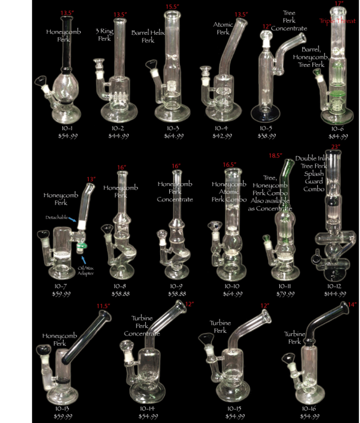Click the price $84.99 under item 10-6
tap(338, 136)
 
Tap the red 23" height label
tap(335, 147)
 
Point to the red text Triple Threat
tap(337, 21)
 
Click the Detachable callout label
tap(57, 217)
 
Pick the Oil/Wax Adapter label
tap(85, 271)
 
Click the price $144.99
tap(335, 294)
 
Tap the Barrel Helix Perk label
tap(148, 36)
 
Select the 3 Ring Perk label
tap(104, 35)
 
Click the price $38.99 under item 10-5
tap(267, 136)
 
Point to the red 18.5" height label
tap(276, 156)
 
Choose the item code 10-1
tap(67, 129)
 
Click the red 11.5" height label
tap(103, 306)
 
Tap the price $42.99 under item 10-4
tap(222, 136)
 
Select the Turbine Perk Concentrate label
tap(142, 326)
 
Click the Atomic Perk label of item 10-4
tap(223, 28)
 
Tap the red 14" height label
tap(352, 305)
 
